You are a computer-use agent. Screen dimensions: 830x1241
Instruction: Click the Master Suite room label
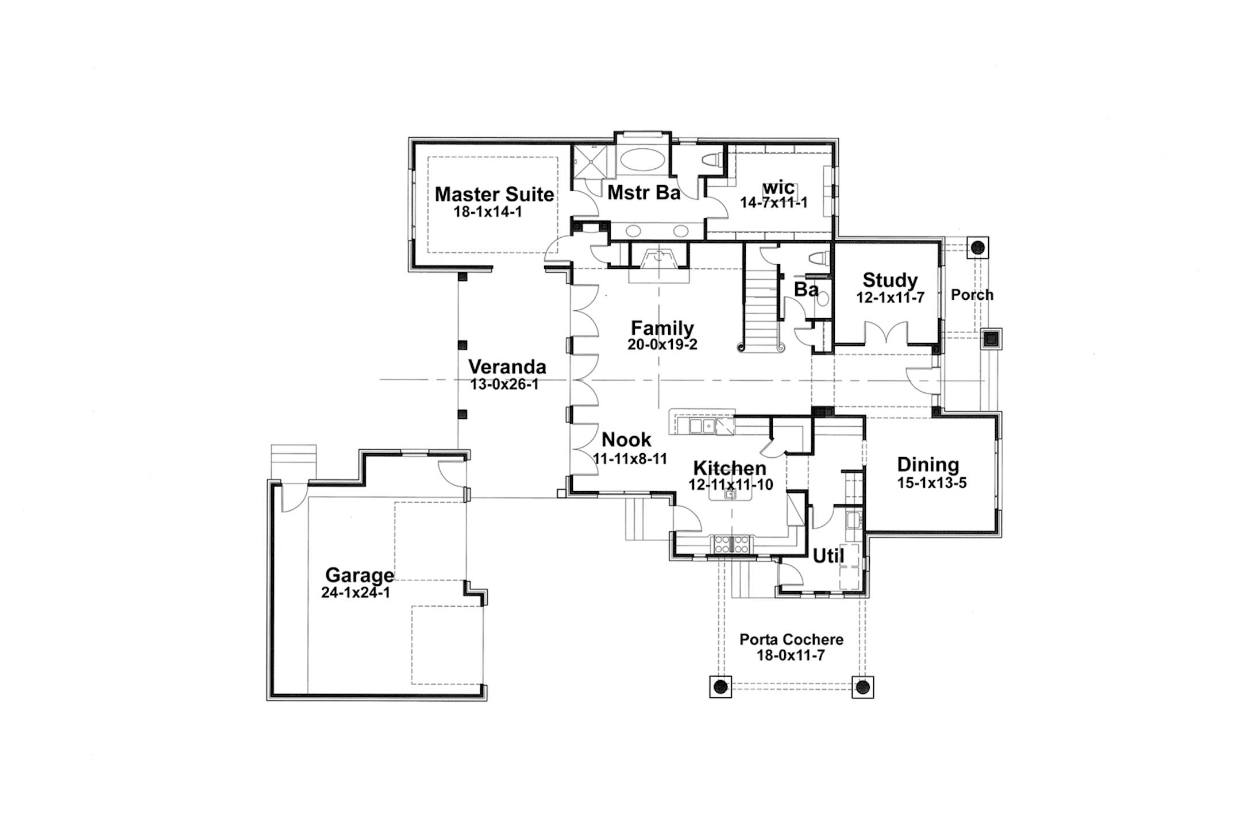pos(494,194)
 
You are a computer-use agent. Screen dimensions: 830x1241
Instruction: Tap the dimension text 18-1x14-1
pos(488,212)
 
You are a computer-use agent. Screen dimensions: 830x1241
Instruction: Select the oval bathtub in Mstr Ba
pos(642,160)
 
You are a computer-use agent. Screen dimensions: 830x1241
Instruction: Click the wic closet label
pos(778,187)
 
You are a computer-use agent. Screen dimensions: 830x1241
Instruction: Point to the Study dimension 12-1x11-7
pos(890,298)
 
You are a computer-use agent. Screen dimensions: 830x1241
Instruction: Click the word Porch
pos(972,295)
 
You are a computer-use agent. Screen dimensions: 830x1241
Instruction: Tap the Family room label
pos(662,328)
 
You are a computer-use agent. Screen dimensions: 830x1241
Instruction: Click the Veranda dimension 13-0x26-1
pos(504,385)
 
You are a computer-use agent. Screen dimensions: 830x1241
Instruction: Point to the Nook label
pos(626,440)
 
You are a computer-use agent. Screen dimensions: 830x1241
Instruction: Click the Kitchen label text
pos(729,468)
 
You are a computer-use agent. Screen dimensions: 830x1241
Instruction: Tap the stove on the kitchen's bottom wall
pos(731,543)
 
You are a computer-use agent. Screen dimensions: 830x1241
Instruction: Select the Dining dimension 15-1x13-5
pos(932,483)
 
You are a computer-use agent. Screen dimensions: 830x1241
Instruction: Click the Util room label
pos(828,556)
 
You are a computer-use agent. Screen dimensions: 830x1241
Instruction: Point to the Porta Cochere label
pos(791,639)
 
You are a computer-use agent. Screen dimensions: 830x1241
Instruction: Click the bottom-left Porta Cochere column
pos(720,686)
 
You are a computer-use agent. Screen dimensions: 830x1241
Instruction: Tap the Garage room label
pos(360,575)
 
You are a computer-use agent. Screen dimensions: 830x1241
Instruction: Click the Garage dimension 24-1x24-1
pos(356,593)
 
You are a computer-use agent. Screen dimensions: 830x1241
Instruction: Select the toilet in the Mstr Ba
pos(712,160)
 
